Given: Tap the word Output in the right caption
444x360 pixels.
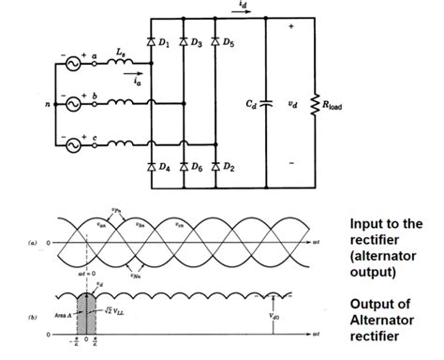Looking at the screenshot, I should click(371, 305).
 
